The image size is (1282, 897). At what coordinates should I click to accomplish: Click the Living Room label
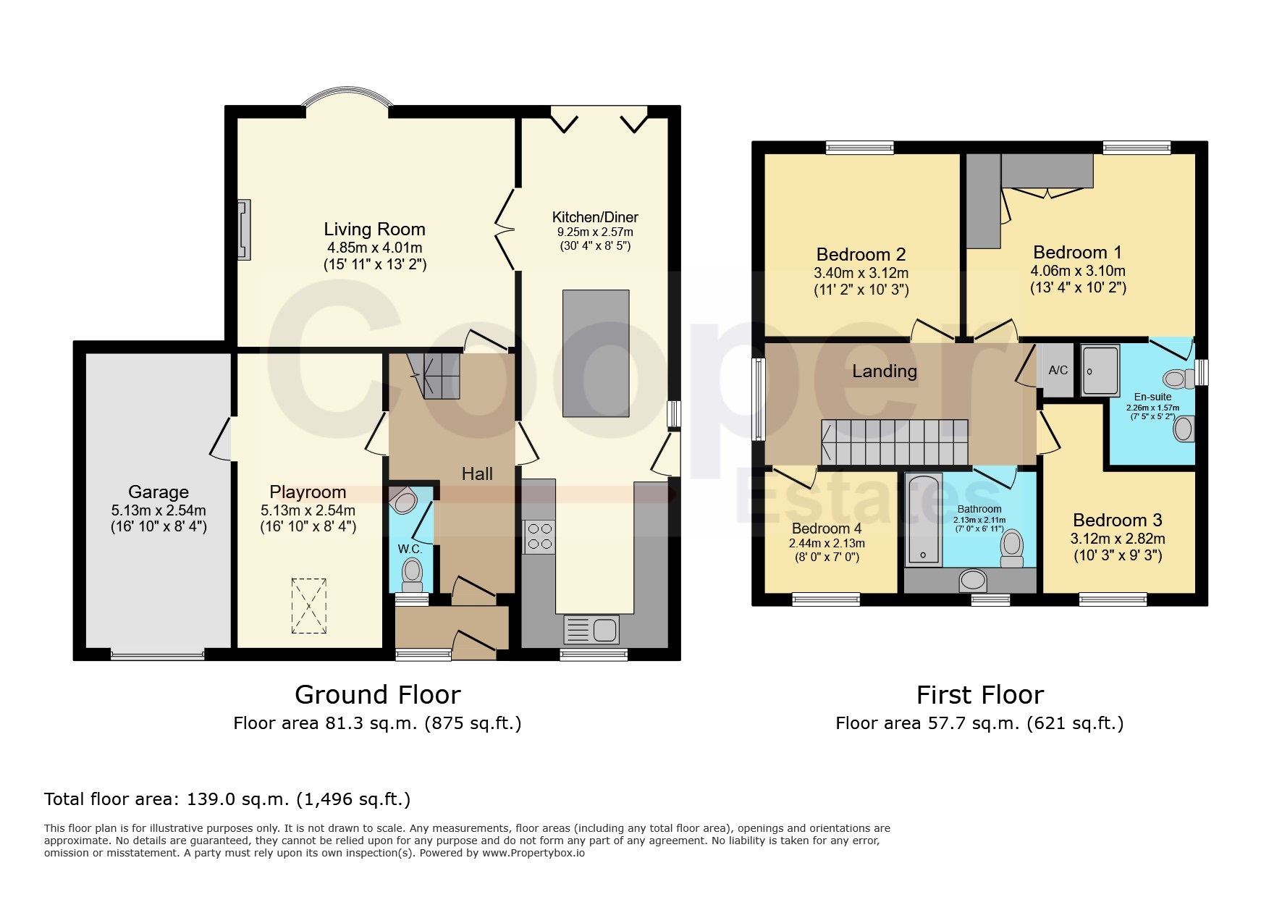tap(374, 229)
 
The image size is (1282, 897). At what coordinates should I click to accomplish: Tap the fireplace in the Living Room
tap(244, 229)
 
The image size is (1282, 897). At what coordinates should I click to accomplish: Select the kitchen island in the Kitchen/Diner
tap(596, 353)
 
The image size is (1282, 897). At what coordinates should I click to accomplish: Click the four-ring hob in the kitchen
tap(539, 536)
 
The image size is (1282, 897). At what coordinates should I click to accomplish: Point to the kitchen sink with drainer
tap(591, 629)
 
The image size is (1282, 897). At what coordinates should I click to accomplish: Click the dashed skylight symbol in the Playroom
tap(309, 605)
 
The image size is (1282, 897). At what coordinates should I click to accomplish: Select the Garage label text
tap(159, 492)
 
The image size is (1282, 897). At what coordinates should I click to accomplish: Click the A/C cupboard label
tap(1058, 370)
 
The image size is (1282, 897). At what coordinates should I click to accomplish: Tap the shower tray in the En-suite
tap(1100, 370)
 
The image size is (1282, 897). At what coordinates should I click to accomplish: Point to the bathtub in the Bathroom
tap(923, 519)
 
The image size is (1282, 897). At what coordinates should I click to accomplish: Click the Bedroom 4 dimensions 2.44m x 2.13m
tap(827, 543)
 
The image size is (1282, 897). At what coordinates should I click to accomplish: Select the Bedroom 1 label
tap(1077, 253)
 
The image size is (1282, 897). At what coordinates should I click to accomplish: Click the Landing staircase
tap(895, 442)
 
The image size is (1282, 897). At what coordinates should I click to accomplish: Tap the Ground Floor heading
tap(378, 695)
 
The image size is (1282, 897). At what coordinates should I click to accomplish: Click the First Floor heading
tap(980, 695)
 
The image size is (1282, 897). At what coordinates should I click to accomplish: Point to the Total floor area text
tap(227, 799)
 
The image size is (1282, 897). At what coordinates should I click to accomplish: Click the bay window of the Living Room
tap(347, 98)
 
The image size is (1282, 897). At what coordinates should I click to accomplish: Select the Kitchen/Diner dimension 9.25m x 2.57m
tap(595, 232)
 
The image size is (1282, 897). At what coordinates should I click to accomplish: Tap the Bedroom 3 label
tap(1118, 521)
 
